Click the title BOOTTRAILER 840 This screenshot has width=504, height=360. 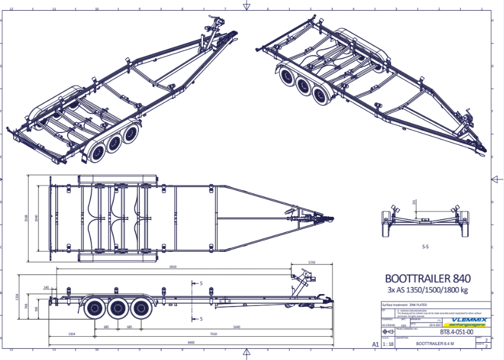(428, 277)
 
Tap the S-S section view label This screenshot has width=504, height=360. (426, 245)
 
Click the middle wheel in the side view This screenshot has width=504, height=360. (119, 307)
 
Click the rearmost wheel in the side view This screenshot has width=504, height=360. (95, 307)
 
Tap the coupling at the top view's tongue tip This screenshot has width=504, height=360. (325, 218)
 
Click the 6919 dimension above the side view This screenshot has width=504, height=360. (172, 267)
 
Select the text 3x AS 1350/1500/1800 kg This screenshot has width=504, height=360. (428, 290)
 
